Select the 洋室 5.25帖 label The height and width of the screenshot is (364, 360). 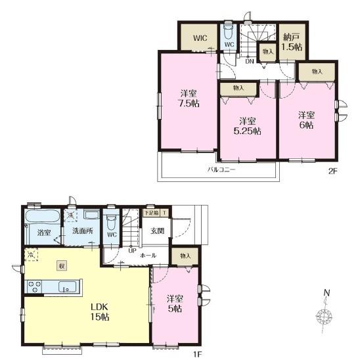[248, 125]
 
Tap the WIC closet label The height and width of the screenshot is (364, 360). [200, 37]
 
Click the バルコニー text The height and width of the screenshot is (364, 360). [221, 169]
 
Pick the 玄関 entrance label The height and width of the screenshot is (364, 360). [158, 230]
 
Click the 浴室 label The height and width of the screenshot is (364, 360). [44, 233]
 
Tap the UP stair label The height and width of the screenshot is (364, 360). [132, 251]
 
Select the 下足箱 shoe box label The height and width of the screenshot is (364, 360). [152, 212]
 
